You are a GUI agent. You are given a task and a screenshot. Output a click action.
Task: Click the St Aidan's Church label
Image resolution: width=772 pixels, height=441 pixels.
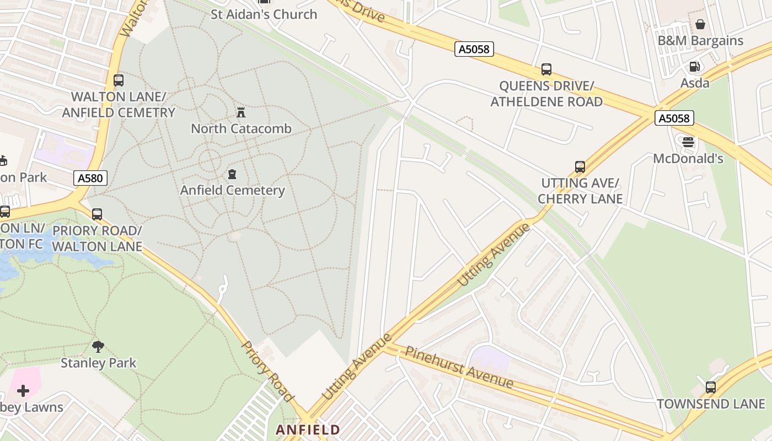point(264,14)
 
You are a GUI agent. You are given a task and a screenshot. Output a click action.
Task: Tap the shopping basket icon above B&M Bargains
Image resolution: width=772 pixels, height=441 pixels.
point(700,24)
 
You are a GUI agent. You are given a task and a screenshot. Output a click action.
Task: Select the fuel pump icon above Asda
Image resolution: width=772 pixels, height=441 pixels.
point(694,67)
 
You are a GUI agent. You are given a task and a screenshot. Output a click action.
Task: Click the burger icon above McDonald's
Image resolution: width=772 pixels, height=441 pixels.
point(688,142)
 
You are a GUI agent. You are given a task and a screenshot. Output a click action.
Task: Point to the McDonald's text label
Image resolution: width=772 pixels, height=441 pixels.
point(688,159)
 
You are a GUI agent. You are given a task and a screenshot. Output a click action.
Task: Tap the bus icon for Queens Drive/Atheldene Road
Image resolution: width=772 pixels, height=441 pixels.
point(546,69)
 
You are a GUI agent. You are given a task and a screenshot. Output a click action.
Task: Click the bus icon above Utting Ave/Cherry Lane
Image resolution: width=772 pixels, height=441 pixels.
point(580,167)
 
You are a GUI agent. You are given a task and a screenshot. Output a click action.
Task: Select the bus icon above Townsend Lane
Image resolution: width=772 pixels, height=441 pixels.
point(710,387)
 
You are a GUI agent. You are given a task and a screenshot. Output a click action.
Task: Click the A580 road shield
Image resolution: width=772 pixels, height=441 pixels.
point(90,178)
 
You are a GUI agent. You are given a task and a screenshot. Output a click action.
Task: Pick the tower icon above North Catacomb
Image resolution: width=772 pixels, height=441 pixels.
point(240,112)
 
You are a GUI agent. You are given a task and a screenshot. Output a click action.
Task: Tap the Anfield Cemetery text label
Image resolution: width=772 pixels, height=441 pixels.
point(232,190)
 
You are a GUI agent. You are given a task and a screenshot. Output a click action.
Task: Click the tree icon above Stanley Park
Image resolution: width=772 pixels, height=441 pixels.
point(98,347)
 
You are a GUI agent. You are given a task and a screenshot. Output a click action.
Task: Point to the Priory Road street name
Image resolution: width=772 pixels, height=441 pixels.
point(267,371)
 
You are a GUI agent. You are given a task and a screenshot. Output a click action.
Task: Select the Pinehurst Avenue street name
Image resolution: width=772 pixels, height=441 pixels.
point(459,367)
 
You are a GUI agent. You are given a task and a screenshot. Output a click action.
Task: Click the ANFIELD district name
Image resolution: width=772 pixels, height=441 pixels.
point(308,429)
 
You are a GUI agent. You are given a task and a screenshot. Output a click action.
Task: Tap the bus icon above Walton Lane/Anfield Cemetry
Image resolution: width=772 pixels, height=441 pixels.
point(119,80)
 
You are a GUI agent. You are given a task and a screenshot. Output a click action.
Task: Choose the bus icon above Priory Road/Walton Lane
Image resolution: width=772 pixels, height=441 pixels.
point(97,214)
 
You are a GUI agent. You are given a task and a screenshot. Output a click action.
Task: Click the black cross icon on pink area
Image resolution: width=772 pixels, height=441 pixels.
point(23,391)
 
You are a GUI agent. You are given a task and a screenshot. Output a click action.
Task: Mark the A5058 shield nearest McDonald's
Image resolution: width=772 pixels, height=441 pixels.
point(674,117)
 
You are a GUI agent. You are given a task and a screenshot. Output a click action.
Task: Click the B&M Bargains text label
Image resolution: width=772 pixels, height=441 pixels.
point(700,41)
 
